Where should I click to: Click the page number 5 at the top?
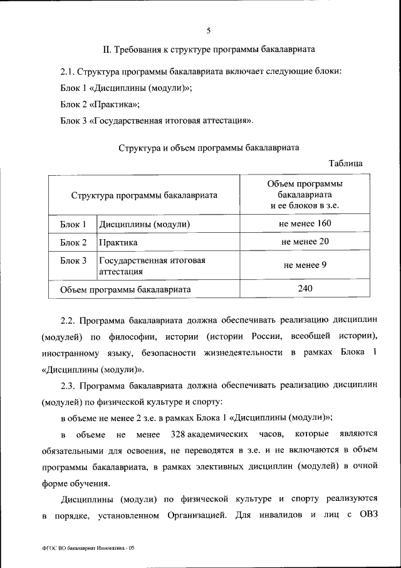point(209,28)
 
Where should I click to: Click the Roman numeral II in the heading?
point(107,48)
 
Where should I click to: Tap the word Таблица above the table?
point(345,164)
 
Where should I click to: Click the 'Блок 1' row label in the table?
point(73,224)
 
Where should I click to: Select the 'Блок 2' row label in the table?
point(73,242)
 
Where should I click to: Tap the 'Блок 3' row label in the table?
point(73,260)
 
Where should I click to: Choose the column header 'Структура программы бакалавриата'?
point(144,195)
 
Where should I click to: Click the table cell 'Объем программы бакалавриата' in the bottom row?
point(125,289)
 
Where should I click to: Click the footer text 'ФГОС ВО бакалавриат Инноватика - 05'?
point(85,548)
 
